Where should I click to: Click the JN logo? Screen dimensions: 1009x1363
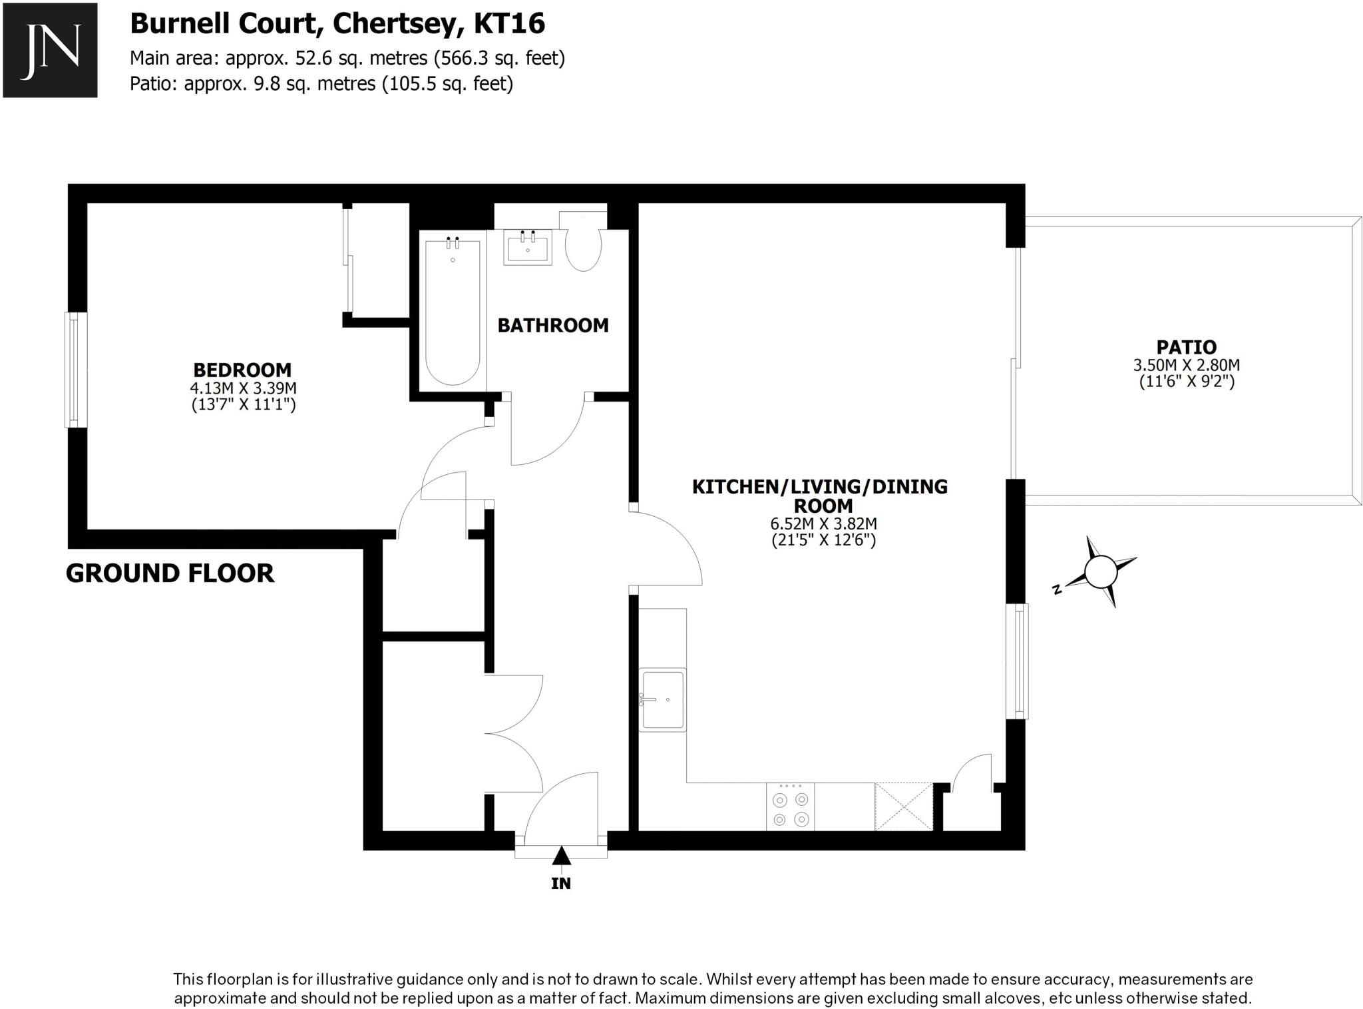(x=50, y=50)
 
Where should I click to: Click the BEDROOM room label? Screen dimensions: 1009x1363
(x=242, y=370)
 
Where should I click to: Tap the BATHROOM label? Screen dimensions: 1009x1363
(x=553, y=326)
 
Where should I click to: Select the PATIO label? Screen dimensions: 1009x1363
(x=1186, y=347)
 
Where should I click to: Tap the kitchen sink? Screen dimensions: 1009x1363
(x=662, y=699)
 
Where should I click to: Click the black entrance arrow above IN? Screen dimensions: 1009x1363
(x=561, y=856)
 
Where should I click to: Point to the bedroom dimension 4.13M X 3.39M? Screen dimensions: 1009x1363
(x=243, y=388)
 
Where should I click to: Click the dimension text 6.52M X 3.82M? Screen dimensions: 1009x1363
(x=823, y=524)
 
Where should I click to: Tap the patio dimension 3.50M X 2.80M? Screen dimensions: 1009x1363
(x=1186, y=365)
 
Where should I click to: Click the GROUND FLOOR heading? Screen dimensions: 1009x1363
(x=170, y=573)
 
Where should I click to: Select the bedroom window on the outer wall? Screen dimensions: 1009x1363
(x=75, y=370)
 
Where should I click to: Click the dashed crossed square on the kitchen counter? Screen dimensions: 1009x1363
(x=903, y=807)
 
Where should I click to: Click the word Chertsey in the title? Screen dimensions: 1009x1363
(x=395, y=24)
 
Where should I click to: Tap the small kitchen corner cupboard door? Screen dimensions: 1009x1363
(x=972, y=773)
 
